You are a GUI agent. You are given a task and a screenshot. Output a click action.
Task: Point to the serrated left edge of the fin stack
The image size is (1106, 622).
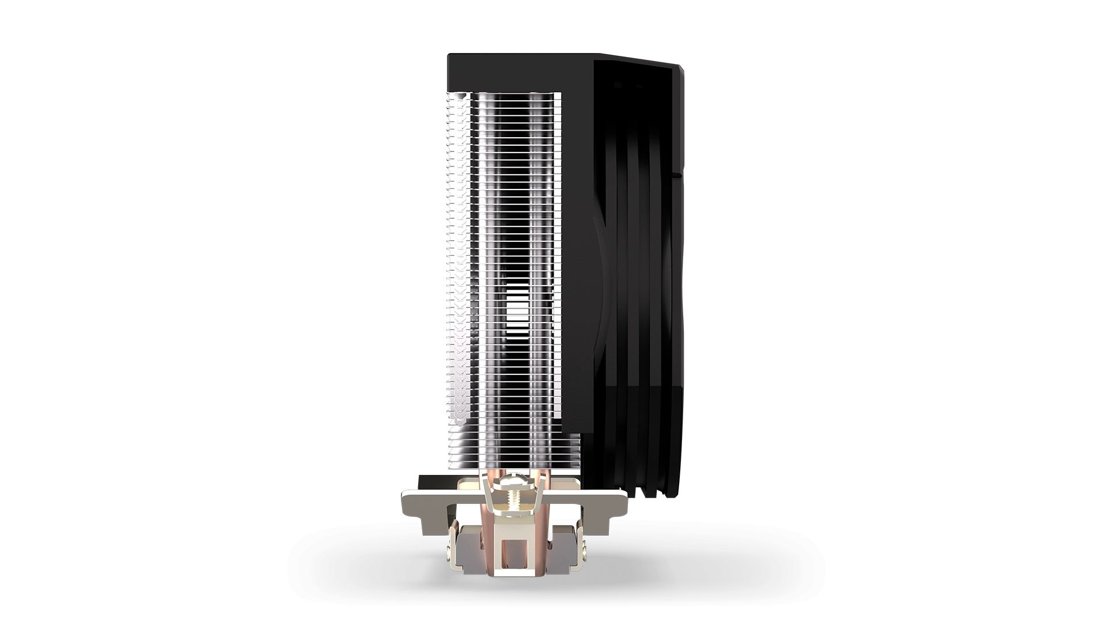coord(450,259)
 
